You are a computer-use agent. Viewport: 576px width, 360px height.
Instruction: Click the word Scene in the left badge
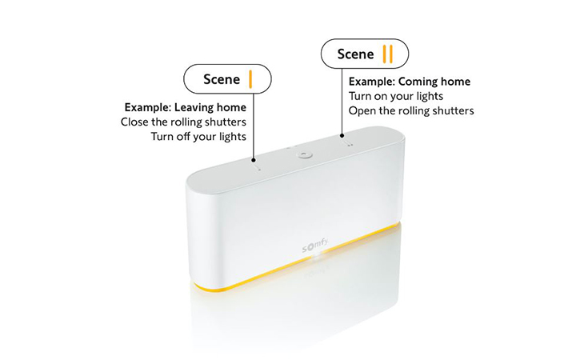tap(222, 79)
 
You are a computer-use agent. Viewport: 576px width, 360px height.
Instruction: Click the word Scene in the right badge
tap(355, 54)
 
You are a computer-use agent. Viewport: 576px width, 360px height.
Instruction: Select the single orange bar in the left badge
tap(250, 79)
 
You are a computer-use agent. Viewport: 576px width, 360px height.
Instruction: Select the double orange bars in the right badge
tap(387, 54)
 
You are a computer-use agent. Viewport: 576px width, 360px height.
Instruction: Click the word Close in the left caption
tap(135, 122)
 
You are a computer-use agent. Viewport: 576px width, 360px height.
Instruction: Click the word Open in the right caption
tap(362, 110)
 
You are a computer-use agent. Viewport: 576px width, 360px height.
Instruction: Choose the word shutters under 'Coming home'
tap(450, 110)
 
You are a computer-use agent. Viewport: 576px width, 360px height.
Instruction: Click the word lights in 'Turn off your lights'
tap(232, 137)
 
